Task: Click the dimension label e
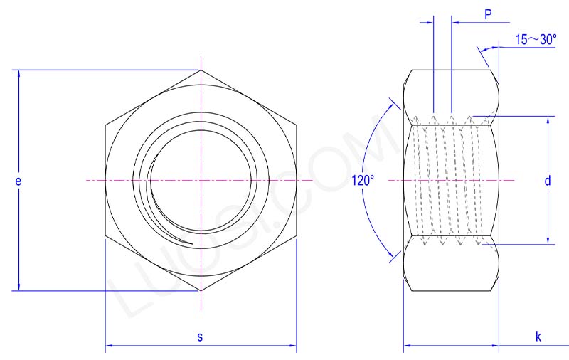click(x=18, y=181)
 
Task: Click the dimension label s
click(x=200, y=337)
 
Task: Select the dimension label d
click(x=548, y=181)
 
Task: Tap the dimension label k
click(x=538, y=337)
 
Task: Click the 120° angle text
click(x=363, y=181)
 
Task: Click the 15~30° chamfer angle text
click(x=537, y=40)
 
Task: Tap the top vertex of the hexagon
click(x=201, y=70)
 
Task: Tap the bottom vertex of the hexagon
click(x=201, y=291)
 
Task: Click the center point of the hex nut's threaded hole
click(x=201, y=181)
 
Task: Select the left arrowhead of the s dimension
click(x=109, y=347)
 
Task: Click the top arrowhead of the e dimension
click(x=18, y=73)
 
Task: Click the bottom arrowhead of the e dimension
click(x=18, y=287)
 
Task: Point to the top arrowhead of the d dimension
click(x=548, y=120)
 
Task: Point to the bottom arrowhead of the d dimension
click(x=548, y=240)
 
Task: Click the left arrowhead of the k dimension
click(x=408, y=347)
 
